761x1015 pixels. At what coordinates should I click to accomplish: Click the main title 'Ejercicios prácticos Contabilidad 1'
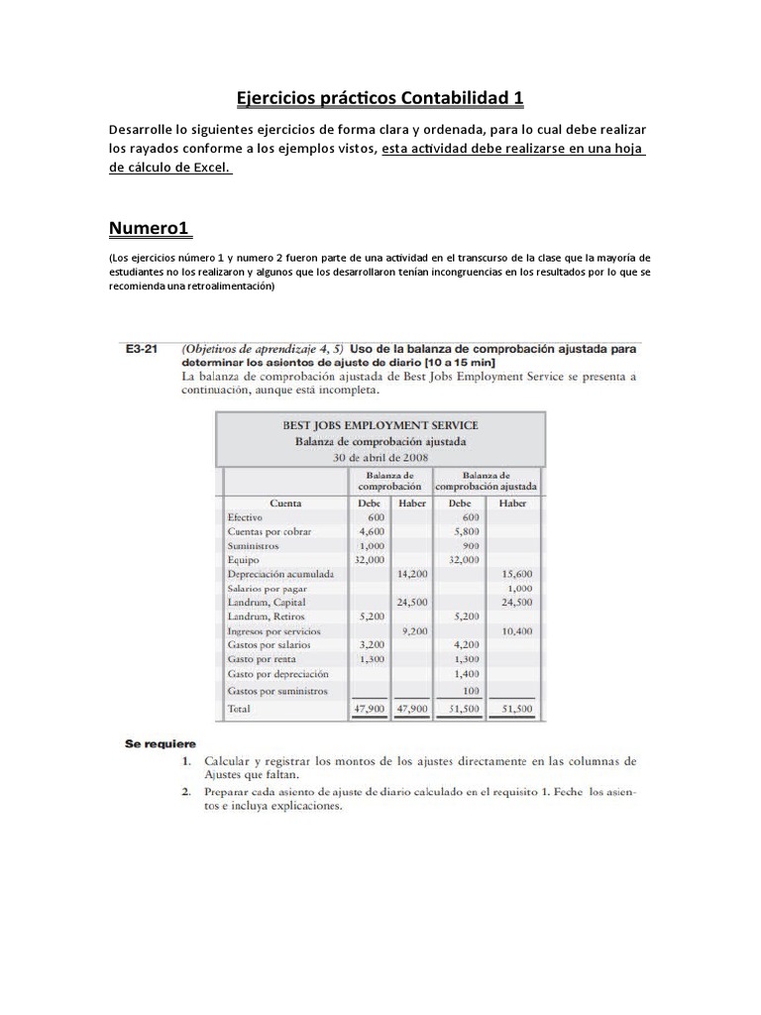(380, 98)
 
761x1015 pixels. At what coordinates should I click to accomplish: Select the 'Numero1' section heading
(149, 229)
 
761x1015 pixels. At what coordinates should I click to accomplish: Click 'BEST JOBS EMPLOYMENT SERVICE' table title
(380, 425)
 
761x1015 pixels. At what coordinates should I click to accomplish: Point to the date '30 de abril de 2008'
(380, 457)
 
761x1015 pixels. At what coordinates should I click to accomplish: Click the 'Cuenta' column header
(285, 504)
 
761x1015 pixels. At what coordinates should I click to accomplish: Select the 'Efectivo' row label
(245, 517)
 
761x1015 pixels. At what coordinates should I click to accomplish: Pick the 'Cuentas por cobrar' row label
(269, 531)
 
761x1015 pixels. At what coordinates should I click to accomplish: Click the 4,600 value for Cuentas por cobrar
(371, 531)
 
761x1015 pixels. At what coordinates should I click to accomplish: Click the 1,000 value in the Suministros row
(371, 545)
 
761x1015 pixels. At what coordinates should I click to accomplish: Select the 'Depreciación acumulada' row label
(280, 574)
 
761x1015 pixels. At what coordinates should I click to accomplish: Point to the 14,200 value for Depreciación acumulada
(411, 574)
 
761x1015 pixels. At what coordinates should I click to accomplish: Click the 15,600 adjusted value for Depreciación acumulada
(516, 574)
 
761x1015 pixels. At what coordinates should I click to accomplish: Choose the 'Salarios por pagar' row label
(267, 588)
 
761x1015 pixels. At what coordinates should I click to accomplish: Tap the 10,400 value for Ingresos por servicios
(516, 630)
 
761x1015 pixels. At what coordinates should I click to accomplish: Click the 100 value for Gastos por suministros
(471, 690)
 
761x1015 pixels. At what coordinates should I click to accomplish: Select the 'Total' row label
(239, 710)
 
